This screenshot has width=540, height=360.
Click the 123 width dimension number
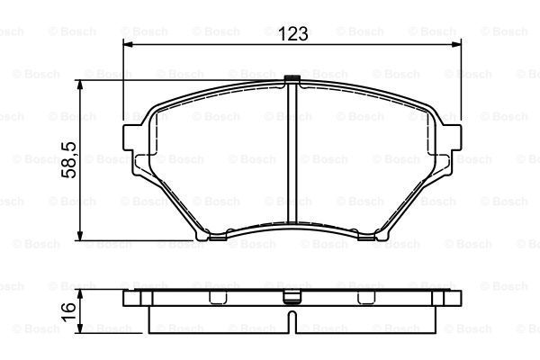[292, 34]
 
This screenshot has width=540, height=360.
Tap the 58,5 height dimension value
[69, 160]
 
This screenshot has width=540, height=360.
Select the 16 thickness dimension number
[68, 312]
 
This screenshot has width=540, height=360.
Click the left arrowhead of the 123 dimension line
[128, 44]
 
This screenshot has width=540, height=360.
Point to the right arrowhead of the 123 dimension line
[456, 44]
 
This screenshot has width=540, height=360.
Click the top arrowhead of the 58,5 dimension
[80, 85]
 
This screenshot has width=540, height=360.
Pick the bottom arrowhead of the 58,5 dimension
[80, 235]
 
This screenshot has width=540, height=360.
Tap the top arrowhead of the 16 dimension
[80, 294]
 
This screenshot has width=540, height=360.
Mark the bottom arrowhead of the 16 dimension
[80, 328]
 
